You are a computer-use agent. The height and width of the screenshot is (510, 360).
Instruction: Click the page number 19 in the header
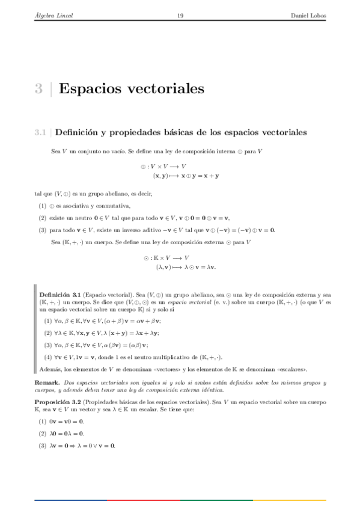pyautogui.click(x=180, y=16)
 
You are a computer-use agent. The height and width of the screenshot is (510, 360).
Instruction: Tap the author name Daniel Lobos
pyautogui.click(x=308, y=16)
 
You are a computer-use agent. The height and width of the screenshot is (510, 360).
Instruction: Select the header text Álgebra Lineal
pyautogui.click(x=54, y=16)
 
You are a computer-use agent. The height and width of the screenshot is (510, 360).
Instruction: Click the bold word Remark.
pyautogui.click(x=47, y=382)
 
